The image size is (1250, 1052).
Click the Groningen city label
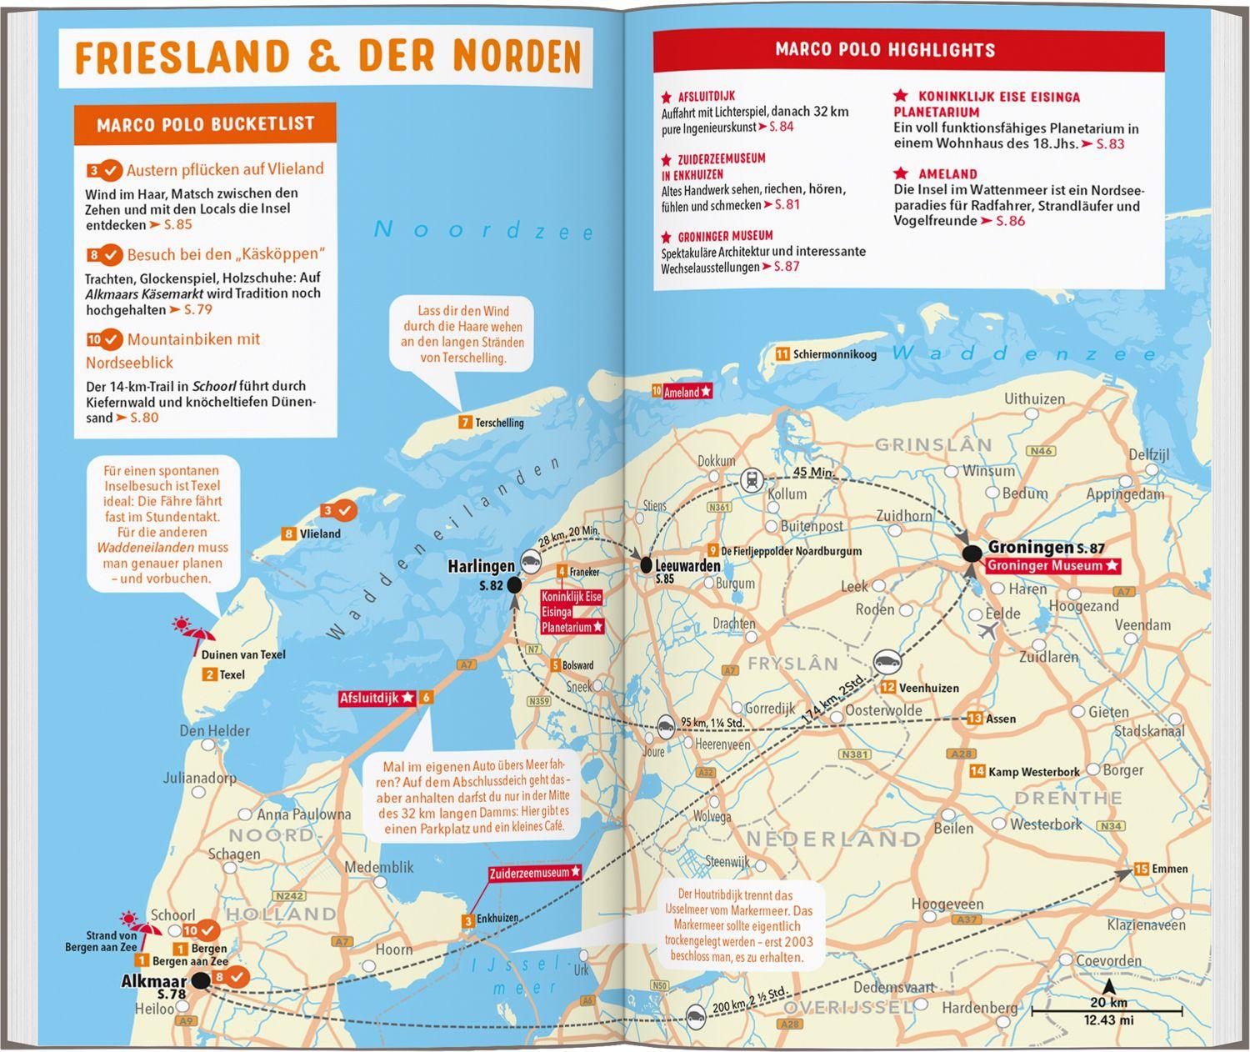tap(1030, 548)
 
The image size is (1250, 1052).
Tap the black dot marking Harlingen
tap(514, 585)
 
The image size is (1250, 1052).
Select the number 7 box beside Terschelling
tap(465, 423)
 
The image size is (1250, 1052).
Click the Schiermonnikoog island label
tap(834, 354)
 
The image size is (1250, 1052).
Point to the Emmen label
tap(1169, 869)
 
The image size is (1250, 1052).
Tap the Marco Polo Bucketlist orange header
tap(205, 124)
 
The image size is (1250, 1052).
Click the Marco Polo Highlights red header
tap(885, 49)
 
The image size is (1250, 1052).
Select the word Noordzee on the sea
tap(483, 230)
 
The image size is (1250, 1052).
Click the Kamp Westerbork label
tap(1033, 772)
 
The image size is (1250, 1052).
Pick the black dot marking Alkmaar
tap(201, 981)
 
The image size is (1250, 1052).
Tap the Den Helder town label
tap(214, 731)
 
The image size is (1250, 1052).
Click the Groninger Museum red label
tap(1050, 566)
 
